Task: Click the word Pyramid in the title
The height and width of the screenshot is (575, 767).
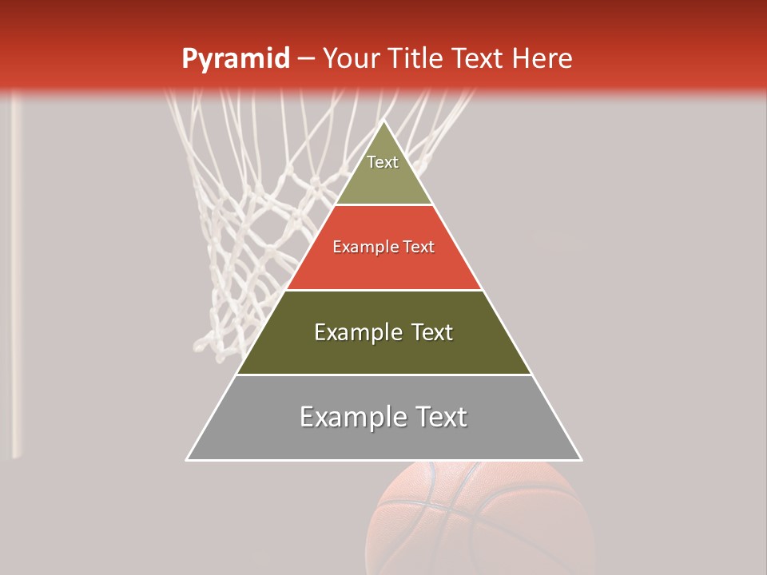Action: pyautogui.click(x=235, y=58)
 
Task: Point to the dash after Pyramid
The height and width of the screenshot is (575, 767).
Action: pyautogui.click(x=305, y=58)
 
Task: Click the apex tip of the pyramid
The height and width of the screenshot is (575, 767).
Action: pyautogui.click(x=383, y=122)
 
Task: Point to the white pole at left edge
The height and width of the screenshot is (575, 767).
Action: pyautogui.click(x=15, y=280)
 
